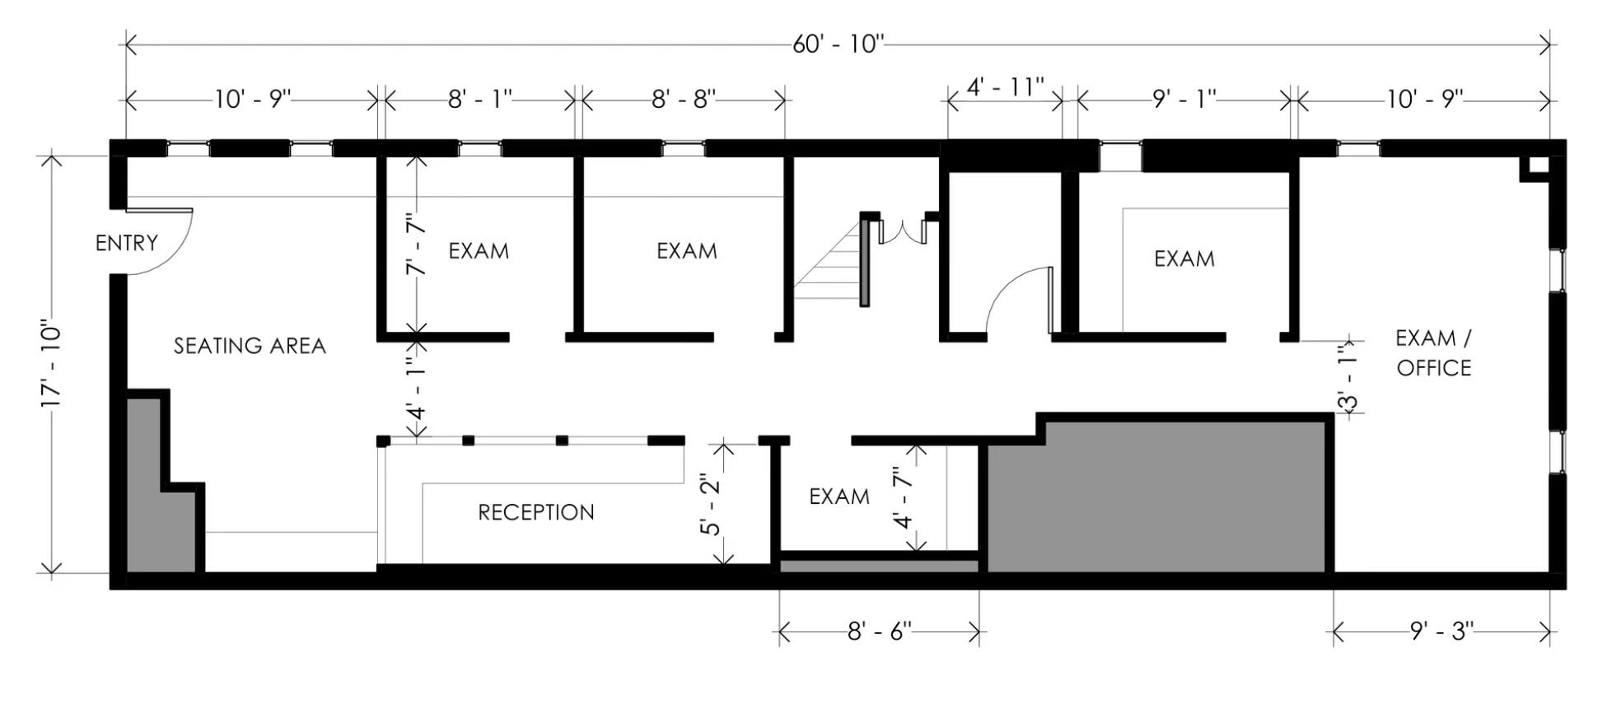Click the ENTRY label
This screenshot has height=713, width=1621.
coord(126,243)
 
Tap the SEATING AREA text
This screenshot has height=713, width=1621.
coord(250,346)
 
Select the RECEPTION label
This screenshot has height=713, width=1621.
coord(536,512)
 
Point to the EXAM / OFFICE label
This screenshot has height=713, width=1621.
coord(1433,353)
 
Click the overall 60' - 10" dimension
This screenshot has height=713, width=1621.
coord(838,44)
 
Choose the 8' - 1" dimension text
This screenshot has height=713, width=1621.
coord(479,100)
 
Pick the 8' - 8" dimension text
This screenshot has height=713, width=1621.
coord(684,100)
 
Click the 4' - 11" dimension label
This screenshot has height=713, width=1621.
coord(1005,86)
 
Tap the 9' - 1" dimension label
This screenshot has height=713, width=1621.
coord(1184,100)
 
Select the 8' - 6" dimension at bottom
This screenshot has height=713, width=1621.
coord(879,631)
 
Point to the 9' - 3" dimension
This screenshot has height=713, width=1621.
coord(1441,631)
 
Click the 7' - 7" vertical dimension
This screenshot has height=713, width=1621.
coord(418,245)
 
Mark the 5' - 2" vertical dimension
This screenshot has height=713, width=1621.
coord(710,504)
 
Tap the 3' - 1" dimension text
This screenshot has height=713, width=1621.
coord(1348,380)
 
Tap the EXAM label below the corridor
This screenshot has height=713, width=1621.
coord(839,496)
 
